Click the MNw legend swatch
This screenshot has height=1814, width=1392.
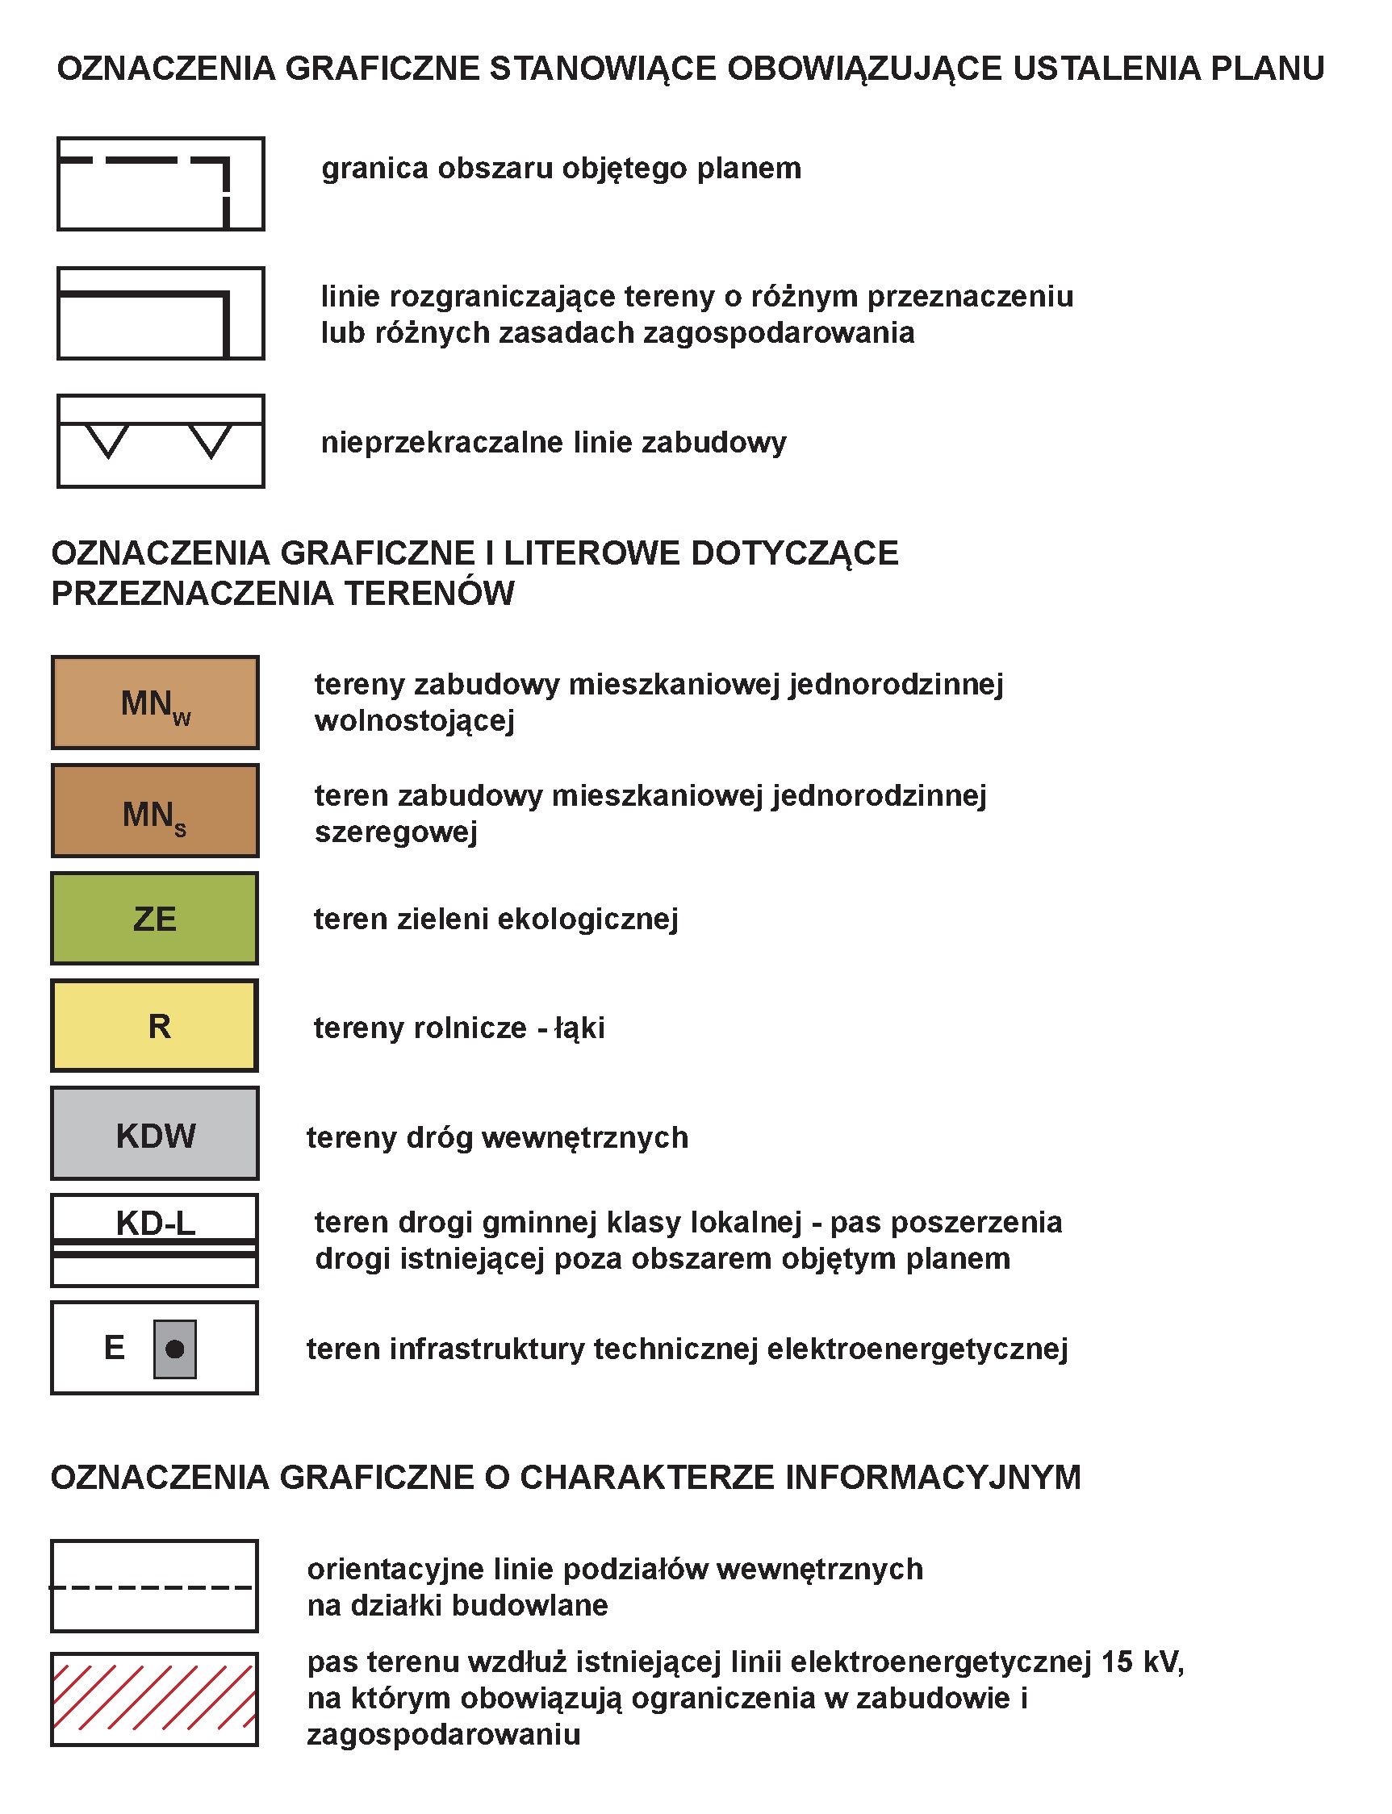click(155, 703)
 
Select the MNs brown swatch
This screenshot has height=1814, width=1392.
click(155, 811)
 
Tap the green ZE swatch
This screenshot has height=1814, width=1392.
click(155, 919)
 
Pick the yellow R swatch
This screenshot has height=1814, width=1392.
click(155, 1026)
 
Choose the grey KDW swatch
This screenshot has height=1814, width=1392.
click(155, 1134)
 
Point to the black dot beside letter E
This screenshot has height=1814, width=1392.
click(175, 1349)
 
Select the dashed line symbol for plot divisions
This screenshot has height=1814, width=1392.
click(155, 1587)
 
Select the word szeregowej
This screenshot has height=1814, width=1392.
click(396, 832)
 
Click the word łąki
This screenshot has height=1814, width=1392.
click(579, 1028)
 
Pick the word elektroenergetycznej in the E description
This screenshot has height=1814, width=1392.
click(918, 1349)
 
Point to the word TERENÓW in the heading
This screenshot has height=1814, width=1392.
click(429, 594)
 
